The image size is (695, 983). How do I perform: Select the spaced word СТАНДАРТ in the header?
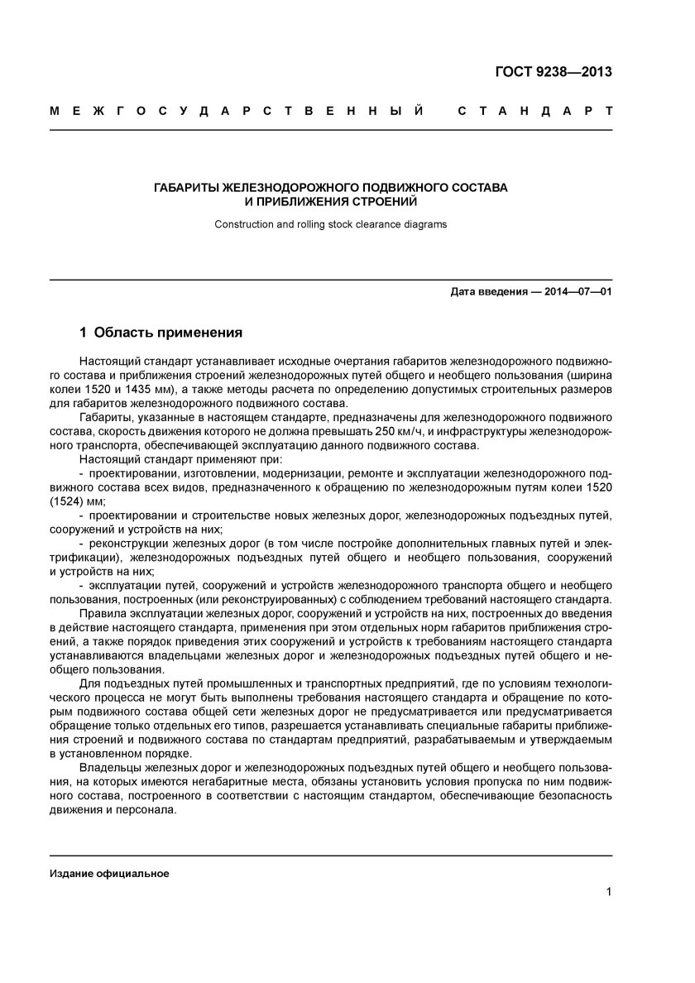pos(534,110)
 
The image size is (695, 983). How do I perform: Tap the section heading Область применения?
pos(168,333)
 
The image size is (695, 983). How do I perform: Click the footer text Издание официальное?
pos(109,874)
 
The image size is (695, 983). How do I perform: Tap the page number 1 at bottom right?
pos(608,891)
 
